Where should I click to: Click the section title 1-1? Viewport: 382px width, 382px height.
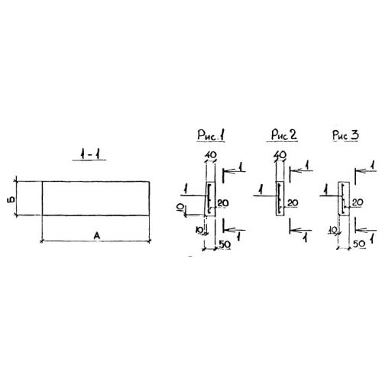coord(89,154)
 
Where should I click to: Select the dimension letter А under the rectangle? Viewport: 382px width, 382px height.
coord(97,236)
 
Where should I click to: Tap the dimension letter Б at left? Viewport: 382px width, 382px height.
coord(11,199)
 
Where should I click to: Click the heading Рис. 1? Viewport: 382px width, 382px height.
coord(211,135)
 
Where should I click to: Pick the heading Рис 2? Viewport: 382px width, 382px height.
coord(283,134)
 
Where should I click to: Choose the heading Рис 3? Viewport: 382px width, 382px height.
coord(345,135)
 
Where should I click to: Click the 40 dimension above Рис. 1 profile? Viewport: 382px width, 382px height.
coord(211,155)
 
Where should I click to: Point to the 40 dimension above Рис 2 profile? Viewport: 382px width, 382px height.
coord(280,154)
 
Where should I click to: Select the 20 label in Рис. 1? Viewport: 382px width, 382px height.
coord(223,203)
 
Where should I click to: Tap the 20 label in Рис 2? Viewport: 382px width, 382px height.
coord(293,203)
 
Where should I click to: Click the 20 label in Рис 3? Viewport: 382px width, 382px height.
coord(358,202)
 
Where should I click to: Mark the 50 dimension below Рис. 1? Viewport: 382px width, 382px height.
coord(225,244)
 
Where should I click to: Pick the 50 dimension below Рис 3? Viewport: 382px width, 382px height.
coord(359,244)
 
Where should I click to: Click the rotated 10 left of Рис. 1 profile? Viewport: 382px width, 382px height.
coord(180,207)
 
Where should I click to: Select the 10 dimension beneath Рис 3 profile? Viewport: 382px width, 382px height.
coord(333,230)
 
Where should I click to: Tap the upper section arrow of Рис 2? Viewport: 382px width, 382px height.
coord(301,171)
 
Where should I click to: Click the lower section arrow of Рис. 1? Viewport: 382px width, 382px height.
coord(235,229)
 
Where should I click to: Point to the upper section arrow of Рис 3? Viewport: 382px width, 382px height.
coord(366,171)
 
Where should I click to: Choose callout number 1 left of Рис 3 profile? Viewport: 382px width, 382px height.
coord(326,190)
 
